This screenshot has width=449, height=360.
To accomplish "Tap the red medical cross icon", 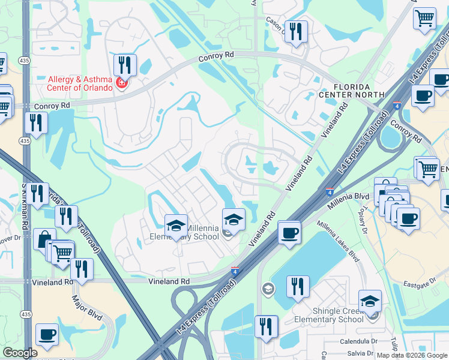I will pos(122,83).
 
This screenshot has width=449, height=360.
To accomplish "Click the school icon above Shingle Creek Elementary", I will pos(370,301).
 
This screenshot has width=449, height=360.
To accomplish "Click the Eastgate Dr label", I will pos(420,282).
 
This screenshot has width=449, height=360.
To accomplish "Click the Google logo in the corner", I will pos(20,353).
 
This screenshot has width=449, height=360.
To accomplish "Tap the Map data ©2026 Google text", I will pos(412,355).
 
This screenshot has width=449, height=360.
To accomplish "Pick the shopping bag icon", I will pos(44,239).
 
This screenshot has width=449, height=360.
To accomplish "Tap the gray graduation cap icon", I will pos(267,290).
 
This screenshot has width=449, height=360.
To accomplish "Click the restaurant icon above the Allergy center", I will pos(125,65).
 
